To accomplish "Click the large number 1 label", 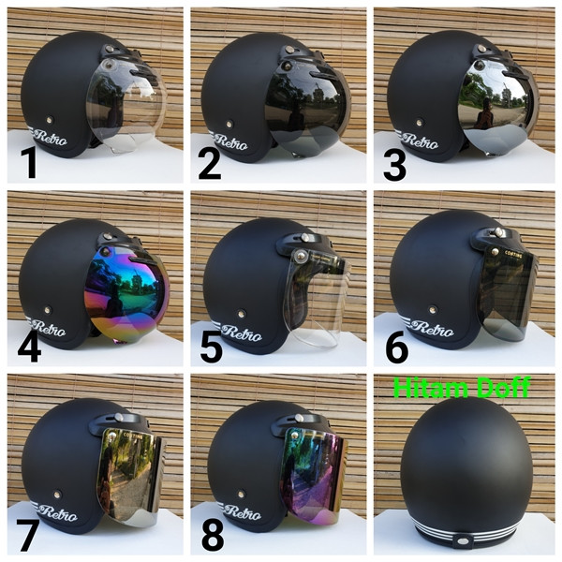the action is pyautogui.click(x=29, y=163).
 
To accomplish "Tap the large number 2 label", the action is pyautogui.click(x=209, y=164).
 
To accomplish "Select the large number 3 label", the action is pyautogui.click(x=394, y=165).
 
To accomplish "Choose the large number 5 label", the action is pyautogui.click(x=212, y=348).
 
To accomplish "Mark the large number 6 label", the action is pyautogui.click(x=397, y=347).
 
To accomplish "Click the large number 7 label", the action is pyautogui.click(x=27, y=535).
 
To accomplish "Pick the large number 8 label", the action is pyautogui.click(x=213, y=535).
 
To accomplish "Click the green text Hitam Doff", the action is pyautogui.click(x=461, y=387).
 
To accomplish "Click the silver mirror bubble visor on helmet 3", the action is pyautogui.click(x=495, y=106).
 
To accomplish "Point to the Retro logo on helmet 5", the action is pyautogui.click(x=242, y=333).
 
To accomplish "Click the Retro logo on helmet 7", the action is pyautogui.click(x=56, y=512).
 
